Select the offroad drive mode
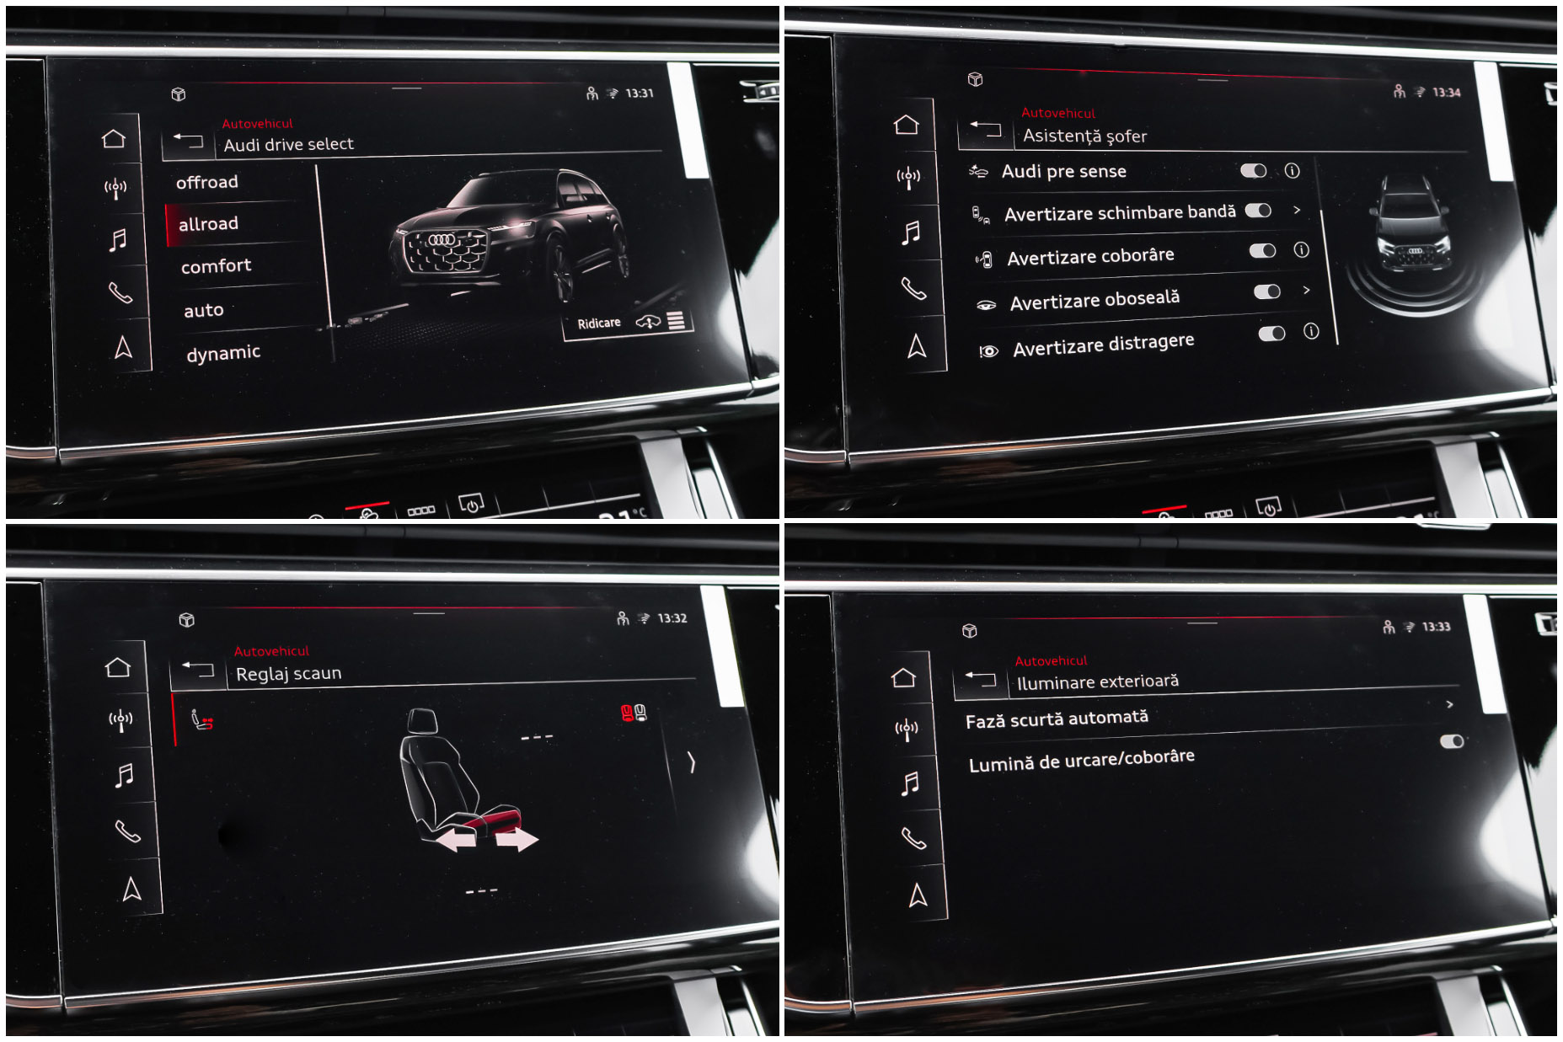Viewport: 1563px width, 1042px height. click(207, 182)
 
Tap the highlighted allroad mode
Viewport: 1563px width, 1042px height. click(208, 223)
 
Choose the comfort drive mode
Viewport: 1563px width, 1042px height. click(216, 266)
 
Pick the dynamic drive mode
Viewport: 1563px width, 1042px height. click(223, 353)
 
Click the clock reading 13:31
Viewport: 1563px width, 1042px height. click(640, 93)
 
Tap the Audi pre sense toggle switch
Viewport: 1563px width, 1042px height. click(1254, 171)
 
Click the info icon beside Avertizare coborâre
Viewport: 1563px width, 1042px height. click(1302, 249)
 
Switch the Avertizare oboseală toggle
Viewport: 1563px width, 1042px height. click(1267, 291)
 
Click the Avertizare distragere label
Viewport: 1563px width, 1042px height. click(1104, 345)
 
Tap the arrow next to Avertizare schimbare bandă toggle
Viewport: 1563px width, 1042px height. click(1297, 210)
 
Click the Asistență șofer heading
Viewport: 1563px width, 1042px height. click(1084, 136)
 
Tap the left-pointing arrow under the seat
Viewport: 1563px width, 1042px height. click(456, 839)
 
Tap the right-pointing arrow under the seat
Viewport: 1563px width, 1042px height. click(517, 839)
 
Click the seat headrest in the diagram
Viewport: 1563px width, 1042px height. click(422, 720)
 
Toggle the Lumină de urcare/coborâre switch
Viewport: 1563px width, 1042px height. click(1452, 741)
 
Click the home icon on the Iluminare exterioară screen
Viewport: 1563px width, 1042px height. click(903, 677)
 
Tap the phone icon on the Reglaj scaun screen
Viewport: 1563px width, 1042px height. click(127, 831)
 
